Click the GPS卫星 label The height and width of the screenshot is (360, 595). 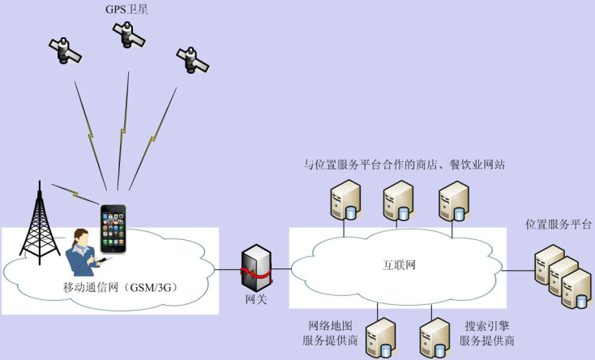[x=126, y=9]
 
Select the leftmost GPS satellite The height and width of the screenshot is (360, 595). [x=64, y=50]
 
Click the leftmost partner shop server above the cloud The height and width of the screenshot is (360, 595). [x=344, y=201]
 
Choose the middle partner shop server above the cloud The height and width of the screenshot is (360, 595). [x=398, y=201]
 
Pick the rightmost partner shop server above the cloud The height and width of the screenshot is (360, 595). [x=453, y=201]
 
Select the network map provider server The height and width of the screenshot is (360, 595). [x=380, y=336]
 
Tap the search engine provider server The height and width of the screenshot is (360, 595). [x=434, y=336]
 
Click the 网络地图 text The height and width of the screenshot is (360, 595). [x=330, y=325]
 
